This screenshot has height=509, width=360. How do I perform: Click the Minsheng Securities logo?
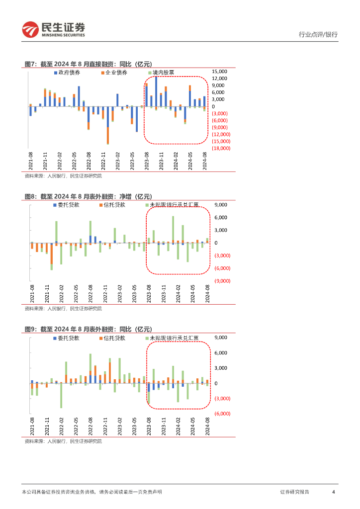54,30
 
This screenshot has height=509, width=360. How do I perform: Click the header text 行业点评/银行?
318,34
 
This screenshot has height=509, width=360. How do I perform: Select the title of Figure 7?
88,64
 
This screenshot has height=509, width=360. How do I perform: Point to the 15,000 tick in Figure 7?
220,71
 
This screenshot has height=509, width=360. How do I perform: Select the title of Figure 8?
88,196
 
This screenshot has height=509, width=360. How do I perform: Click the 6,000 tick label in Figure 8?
221,217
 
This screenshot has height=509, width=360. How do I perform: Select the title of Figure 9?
88,329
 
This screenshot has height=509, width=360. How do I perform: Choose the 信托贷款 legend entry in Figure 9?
112,338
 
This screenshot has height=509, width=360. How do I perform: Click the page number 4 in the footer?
333,492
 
